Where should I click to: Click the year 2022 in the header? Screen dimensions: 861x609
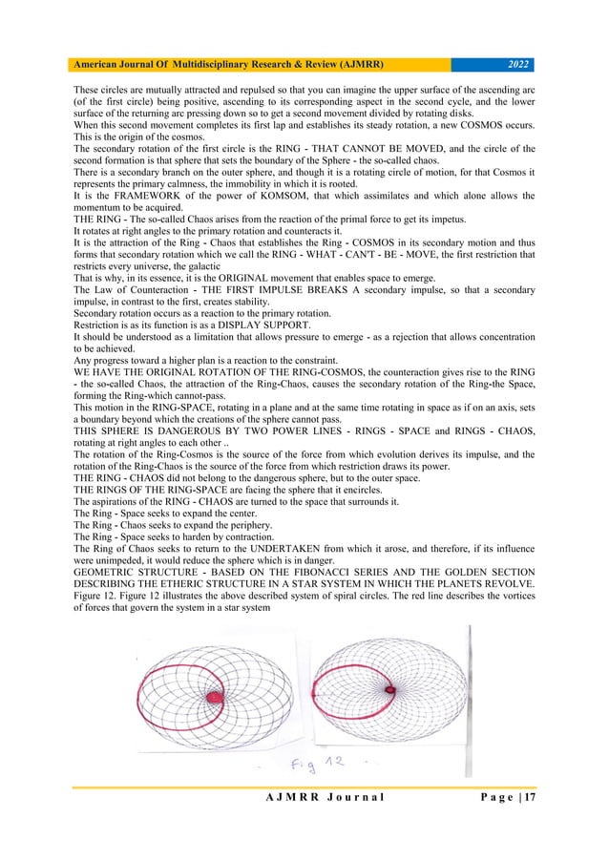[x=516, y=66]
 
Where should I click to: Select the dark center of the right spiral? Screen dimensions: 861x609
[x=389, y=687]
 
